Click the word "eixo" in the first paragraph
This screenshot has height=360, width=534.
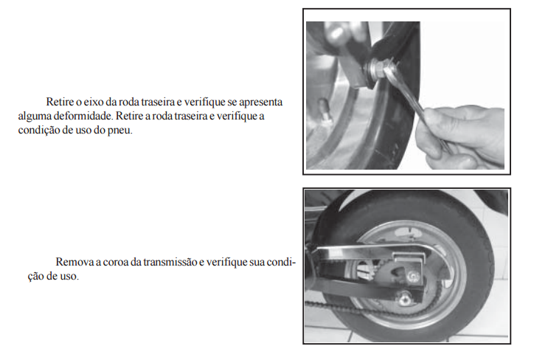[91, 102]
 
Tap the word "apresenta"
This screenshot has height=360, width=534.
[260, 103]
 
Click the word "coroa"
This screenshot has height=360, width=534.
[116, 262]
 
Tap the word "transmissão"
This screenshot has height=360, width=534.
[170, 262]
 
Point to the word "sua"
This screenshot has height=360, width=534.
[257, 262]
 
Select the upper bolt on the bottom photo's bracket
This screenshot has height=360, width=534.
[414, 275]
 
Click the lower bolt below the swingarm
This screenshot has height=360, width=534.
[404, 300]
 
